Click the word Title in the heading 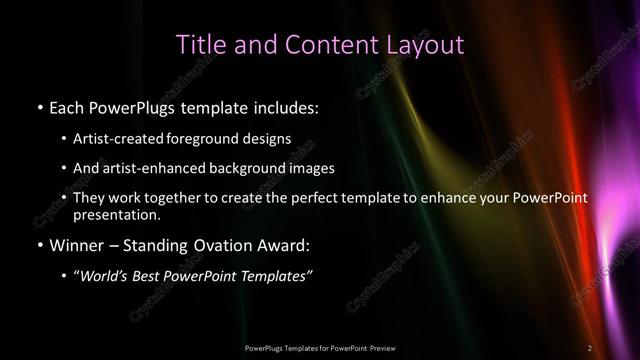tap(198, 44)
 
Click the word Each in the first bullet tap(68, 105)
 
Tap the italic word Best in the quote tap(163, 276)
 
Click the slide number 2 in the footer tap(590, 347)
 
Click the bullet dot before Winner tap(39, 245)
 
